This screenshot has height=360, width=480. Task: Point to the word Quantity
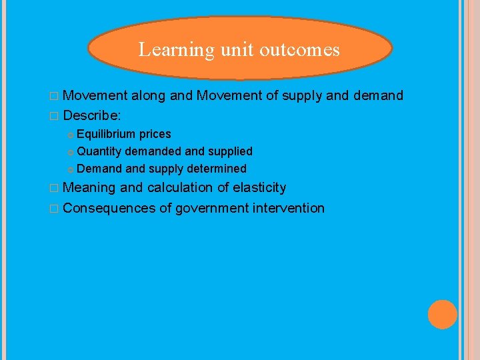point(99,151)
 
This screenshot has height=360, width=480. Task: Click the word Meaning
point(89,188)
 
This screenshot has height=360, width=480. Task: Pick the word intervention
point(289,208)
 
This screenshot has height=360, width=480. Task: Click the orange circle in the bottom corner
point(443,315)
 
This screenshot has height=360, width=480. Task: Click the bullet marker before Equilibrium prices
point(71,135)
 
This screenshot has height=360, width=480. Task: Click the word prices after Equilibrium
point(155,134)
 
